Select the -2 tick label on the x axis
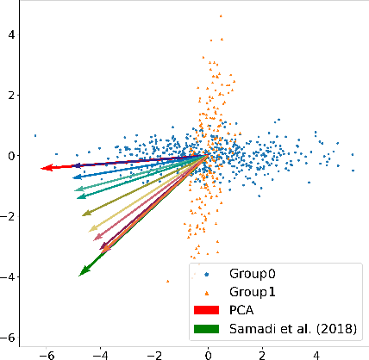(153, 353)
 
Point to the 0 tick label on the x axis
(208, 353)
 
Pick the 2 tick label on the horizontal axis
(261, 353)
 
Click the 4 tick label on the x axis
(316, 353)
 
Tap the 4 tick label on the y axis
(11, 34)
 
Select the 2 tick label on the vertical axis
(11, 95)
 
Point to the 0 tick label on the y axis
(11, 156)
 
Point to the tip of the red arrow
(41, 169)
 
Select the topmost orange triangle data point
(221, 16)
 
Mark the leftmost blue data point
(34, 135)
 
